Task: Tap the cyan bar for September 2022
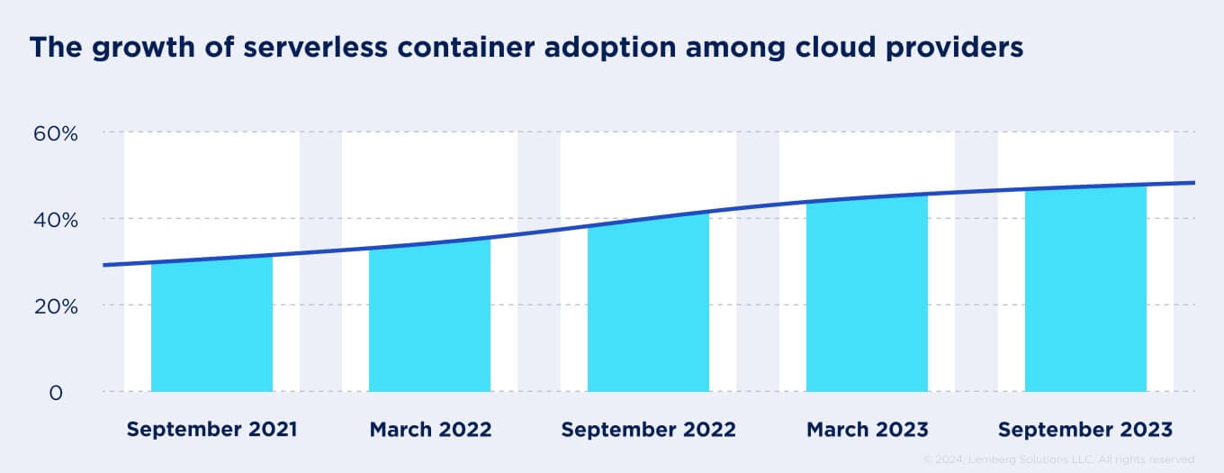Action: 648,306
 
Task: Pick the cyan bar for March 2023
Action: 867,295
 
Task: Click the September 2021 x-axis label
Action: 211,430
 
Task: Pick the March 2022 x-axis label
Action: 430,430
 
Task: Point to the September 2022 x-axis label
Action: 648,430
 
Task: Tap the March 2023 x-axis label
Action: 867,430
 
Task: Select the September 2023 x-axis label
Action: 1085,430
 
